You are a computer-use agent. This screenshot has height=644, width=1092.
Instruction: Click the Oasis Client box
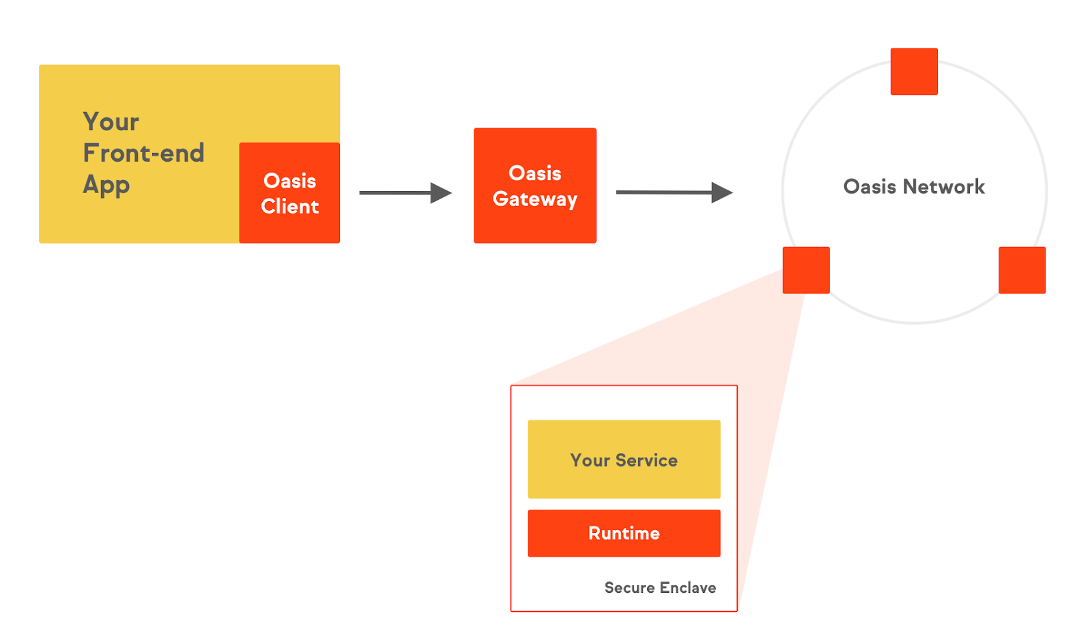289,193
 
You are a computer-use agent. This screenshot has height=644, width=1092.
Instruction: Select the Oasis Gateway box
534,185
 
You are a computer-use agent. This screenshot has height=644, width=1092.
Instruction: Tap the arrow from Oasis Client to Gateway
405,193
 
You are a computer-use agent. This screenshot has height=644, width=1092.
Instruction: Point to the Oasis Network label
913,186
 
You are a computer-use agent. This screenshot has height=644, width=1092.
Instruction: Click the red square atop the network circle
913,71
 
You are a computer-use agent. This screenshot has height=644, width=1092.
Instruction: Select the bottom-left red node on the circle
805,270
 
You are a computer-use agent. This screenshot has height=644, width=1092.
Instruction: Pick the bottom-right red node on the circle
1021,270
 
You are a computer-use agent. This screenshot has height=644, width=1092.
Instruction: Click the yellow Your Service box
623,459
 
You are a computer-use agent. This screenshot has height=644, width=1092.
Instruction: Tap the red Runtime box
623,533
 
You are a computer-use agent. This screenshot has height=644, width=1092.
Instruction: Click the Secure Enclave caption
659,587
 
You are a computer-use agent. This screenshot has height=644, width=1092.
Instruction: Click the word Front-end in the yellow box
143,153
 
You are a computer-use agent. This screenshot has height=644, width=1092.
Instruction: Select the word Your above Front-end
111,122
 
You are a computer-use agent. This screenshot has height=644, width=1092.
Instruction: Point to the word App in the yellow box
106,185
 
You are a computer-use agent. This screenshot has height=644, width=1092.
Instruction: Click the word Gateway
534,199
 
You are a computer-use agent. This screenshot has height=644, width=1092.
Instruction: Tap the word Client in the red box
289,206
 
